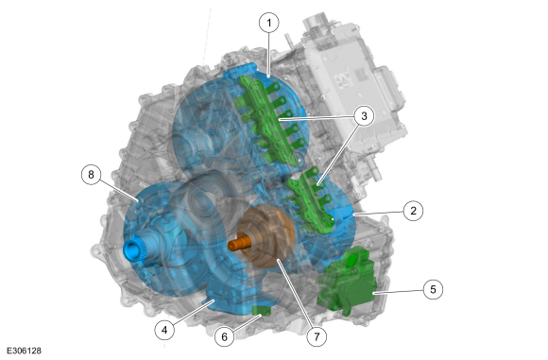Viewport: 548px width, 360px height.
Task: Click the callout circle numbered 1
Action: pyautogui.click(x=268, y=23)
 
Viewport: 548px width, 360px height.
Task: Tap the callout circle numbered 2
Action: pyautogui.click(x=414, y=211)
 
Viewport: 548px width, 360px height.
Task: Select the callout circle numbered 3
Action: pyautogui.click(x=364, y=115)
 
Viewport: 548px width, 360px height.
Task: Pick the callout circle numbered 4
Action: pyautogui.click(x=164, y=330)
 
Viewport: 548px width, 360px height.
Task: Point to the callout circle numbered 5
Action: pyautogui.click(x=433, y=289)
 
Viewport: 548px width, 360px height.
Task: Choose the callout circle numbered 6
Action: pyautogui.click(x=224, y=336)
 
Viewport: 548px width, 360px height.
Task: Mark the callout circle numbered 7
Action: pyautogui.click(x=317, y=336)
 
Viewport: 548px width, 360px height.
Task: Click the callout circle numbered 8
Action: pyautogui.click(x=92, y=175)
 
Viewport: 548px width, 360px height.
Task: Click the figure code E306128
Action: pyautogui.click(x=24, y=351)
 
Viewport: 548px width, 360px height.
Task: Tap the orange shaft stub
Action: pyautogui.click(x=239, y=244)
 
